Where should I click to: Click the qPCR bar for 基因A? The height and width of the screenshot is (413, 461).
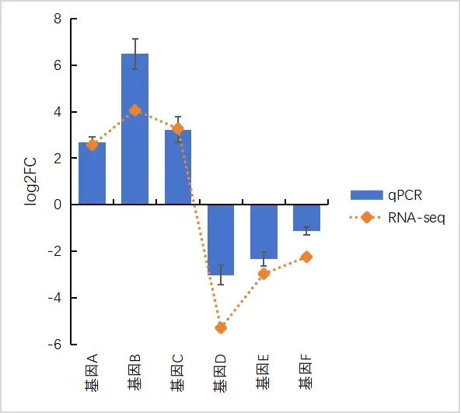[x=92, y=173]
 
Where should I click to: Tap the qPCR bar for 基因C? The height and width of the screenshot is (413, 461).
[x=178, y=167]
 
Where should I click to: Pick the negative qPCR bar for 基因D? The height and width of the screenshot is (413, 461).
[x=221, y=239]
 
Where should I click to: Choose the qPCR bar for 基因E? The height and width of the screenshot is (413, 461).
[x=264, y=231]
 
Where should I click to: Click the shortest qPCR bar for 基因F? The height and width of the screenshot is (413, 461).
[x=306, y=217]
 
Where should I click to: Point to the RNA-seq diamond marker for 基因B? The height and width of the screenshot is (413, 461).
[x=134, y=110]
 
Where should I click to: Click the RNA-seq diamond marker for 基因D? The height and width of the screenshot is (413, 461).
[x=221, y=327]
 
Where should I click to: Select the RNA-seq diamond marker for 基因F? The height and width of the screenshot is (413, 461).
[x=306, y=257]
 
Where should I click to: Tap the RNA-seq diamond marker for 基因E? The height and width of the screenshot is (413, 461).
[x=264, y=273]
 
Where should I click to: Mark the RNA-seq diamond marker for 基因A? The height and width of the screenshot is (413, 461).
[x=92, y=145]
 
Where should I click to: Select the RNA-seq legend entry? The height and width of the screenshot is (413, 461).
[x=396, y=218]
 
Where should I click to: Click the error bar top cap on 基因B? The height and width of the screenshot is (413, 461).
[x=134, y=39]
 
